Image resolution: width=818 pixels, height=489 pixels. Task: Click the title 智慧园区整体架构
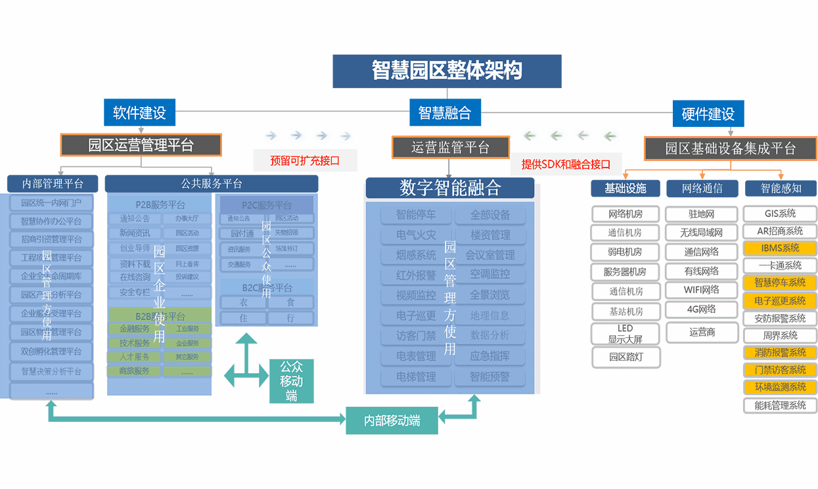[447, 71]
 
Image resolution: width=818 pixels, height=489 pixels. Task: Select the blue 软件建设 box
[139, 112]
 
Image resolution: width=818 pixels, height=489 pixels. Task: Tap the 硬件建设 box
[708, 113]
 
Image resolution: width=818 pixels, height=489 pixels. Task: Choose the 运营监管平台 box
[451, 147]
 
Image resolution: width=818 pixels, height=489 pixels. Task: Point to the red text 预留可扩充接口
[305, 160]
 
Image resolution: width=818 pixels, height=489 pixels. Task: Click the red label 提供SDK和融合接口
[566, 164]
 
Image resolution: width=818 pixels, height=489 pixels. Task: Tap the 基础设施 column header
[625, 189]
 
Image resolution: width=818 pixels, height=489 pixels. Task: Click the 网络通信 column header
[702, 189]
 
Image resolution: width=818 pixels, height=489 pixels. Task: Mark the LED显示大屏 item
[625, 334]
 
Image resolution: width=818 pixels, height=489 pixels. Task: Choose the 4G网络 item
[702, 309]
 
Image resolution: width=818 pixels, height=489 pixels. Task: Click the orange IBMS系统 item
[780, 248]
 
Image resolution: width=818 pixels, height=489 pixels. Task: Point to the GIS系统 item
[780, 214]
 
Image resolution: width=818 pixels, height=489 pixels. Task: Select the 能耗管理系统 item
[780, 406]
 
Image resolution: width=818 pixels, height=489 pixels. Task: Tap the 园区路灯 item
[625, 358]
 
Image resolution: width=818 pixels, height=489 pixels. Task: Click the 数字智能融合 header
[450, 188]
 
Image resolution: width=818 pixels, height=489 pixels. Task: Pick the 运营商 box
[702, 333]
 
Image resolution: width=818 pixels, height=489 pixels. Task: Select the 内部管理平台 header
[53, 183]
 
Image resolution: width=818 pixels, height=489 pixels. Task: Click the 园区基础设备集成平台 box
[730, 149]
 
